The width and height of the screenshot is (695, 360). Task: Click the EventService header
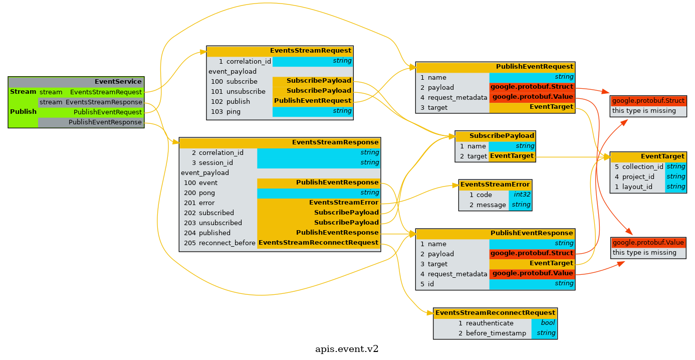[x=118, y=82]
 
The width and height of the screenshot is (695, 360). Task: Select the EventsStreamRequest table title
[x=310, y=51]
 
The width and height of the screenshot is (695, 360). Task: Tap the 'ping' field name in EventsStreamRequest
[x=233, y=111]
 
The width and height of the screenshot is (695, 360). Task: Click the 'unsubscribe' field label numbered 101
[x=246, y=91]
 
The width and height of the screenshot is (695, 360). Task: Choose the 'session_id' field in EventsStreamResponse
[x=215, y=162]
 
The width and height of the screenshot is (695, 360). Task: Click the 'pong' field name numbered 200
[x=206, y=193]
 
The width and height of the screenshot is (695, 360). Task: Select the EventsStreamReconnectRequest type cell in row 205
[x=318, y=243]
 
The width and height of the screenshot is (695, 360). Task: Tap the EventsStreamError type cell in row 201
[x=343, y=203]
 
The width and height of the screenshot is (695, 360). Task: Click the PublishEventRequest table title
[x=534, y=67]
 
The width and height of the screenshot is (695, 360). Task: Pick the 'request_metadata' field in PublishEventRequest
[x=457, y=97]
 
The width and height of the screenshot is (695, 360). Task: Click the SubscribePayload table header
[x=502, y=136]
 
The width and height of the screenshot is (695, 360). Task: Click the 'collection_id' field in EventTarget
[x=642, y=166]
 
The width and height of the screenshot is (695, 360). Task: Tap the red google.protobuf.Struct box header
[x=648, y=101]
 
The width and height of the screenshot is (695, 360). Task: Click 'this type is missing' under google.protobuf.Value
[x=644, y=253]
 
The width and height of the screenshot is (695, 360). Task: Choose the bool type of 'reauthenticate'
[x=548, y=323]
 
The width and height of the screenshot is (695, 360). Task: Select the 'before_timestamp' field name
[x=496, y=333]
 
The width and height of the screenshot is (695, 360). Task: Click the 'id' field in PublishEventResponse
[x=430, y=284]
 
